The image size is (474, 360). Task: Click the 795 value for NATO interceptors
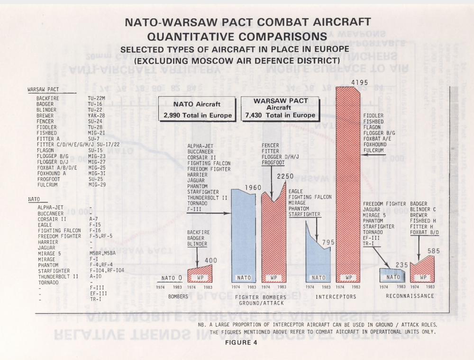pos(328,243)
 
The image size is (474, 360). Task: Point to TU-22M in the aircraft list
pos(97,98)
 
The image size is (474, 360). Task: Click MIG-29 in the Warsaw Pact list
pos(97,185)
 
